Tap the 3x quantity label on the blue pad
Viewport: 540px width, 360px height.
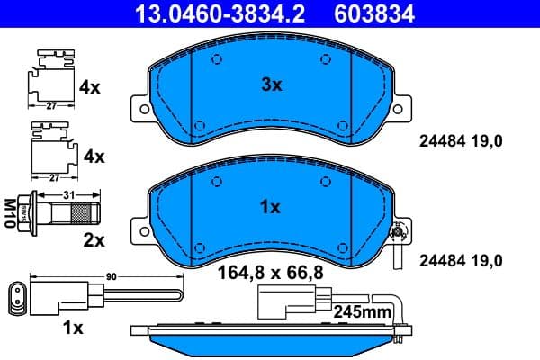click(271, 85)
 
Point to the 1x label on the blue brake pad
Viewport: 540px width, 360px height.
click(270, 207)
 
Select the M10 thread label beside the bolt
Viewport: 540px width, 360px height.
click(11, 214)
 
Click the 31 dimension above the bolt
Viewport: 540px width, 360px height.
click(67, 195)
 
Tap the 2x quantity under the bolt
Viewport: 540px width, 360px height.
click(94, 240)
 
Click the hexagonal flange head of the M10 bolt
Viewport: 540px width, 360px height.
click(35, 214)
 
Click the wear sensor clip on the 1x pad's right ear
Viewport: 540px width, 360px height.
click(398, 238)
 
